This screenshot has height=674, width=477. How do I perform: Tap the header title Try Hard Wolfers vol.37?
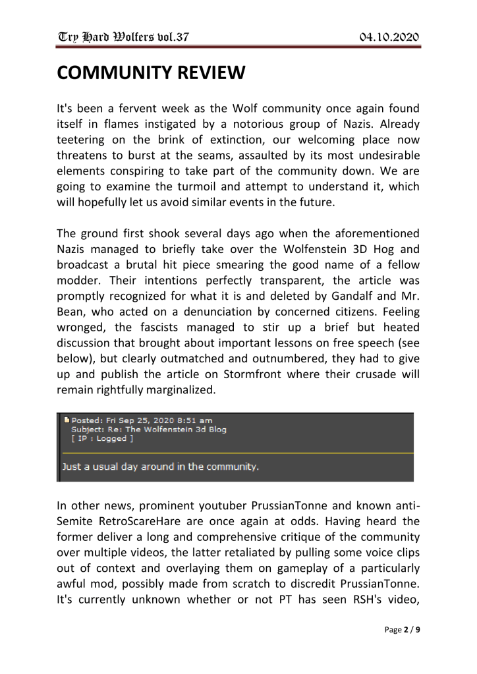pos(123,36)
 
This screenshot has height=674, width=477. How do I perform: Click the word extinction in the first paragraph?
pos(252,140)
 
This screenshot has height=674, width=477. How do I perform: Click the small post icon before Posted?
pos(67,420)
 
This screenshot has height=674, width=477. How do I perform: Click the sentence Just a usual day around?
pos(160,467)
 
